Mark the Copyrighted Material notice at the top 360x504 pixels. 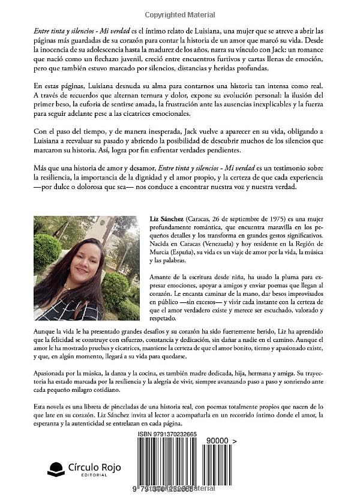point(180,13)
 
